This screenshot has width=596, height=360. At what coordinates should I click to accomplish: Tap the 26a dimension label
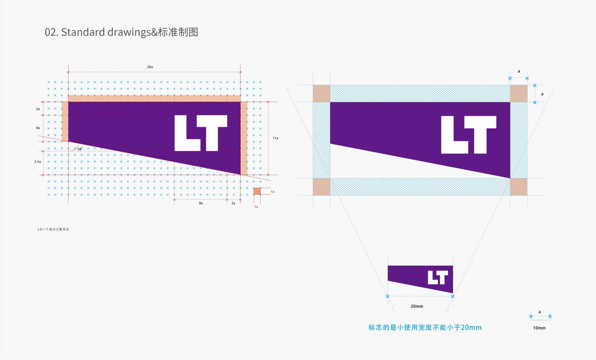(150, 67)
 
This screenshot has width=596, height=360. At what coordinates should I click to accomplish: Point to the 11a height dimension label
(275, 138)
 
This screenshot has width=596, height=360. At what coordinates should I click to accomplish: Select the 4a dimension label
(38, 128)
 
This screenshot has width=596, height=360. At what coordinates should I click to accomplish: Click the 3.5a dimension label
(37, 161)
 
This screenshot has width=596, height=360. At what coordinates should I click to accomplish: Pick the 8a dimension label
(201, 203)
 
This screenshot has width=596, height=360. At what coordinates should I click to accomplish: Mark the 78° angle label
(79, 149)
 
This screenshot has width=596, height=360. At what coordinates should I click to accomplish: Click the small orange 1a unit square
(257, 191)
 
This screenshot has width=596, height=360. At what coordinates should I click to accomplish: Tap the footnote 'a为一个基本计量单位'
(53, 229)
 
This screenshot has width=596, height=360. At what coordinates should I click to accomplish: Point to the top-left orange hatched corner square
(321, 93)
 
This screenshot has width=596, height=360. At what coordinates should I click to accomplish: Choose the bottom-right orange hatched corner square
(519, 187)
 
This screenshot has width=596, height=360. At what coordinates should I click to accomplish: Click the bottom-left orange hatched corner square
(321, 187)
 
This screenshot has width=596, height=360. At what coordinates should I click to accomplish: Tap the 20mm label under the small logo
(417, 306)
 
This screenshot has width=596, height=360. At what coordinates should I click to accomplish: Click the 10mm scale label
(539, 328)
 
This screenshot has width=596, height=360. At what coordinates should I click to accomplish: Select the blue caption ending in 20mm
(425, 328)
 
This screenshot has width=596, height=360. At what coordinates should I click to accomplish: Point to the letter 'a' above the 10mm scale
(539, 312)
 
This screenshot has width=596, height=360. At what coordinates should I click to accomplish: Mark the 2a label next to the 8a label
(233, 203)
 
